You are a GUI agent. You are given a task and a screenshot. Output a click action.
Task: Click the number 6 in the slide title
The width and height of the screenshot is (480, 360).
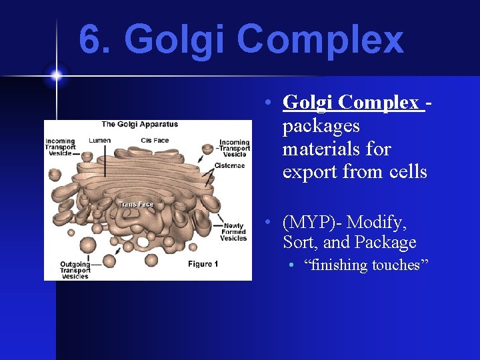point(91,39)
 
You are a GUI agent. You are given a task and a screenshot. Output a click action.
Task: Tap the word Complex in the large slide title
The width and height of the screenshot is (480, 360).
point(319,39)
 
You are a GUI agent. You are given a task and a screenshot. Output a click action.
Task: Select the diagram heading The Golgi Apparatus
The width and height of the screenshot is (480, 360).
point(139,125)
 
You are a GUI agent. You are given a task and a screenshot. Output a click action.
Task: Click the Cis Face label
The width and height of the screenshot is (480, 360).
point(155,141)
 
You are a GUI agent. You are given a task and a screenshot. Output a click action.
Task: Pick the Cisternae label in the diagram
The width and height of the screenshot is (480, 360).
point(229,165)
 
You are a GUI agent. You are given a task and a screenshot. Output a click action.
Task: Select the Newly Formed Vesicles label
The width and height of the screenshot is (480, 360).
point(234,232)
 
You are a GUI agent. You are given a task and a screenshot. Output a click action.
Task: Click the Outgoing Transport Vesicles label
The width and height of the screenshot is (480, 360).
point(75,270)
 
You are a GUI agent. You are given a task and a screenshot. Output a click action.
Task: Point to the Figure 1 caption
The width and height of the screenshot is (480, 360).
point(203,264)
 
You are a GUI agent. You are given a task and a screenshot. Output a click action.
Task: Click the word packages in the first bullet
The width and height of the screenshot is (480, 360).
point(321,126)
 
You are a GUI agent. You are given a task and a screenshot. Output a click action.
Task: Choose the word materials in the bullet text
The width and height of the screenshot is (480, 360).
point(326,149)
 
